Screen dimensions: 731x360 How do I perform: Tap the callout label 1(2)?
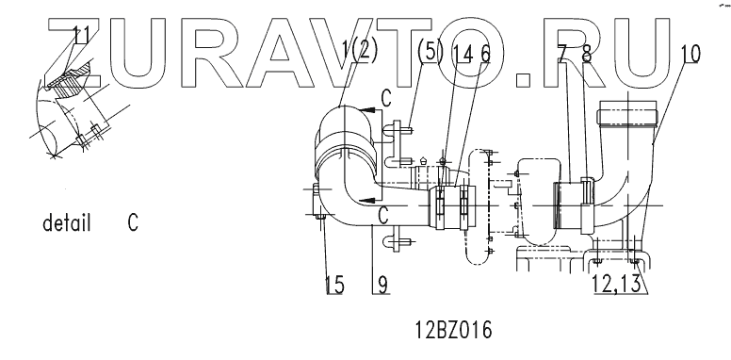(x=359, y=50)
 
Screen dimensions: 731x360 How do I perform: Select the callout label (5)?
(x=430, y=51)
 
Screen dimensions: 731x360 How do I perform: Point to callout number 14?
(x=463, y=54)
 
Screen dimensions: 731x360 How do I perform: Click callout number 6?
(x=485, y=54)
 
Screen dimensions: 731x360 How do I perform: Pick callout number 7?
(x=563, y=54)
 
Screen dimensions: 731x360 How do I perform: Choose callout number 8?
(x=587, y=54)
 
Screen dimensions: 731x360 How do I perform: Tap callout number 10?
(x=690, y=54)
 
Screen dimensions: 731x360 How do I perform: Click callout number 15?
(x=334, y=285)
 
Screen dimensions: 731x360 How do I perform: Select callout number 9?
(x=382, y=285)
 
